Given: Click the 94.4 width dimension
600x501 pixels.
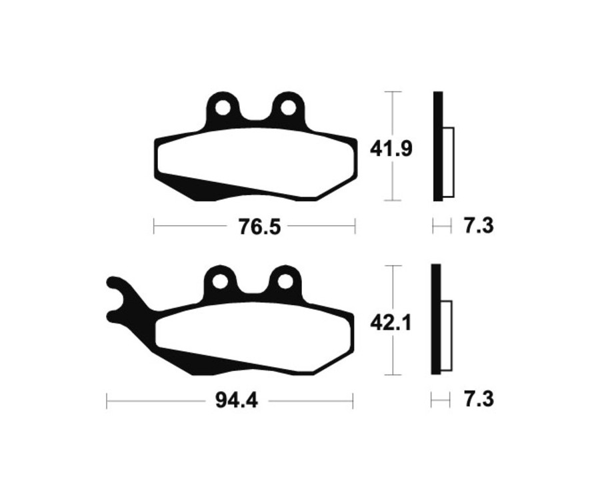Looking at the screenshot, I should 237,401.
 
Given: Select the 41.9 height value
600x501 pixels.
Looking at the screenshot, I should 392,148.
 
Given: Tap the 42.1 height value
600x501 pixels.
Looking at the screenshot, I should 392,323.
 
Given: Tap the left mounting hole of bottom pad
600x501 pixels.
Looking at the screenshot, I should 221,281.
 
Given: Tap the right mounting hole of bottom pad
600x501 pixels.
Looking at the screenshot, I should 285,281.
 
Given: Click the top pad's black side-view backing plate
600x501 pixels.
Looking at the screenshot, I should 437,146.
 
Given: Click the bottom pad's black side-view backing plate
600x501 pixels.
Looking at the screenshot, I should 437,320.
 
